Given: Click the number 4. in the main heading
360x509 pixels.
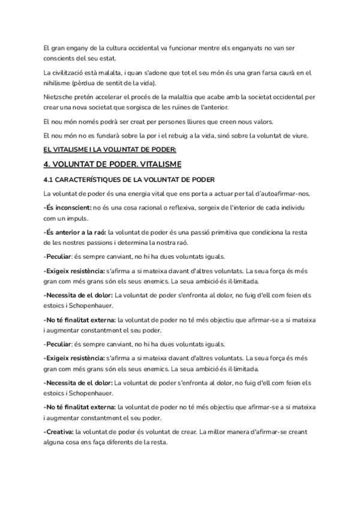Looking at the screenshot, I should [x=47, y=164].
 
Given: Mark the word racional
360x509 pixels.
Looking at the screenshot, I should [x=151, y=207].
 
